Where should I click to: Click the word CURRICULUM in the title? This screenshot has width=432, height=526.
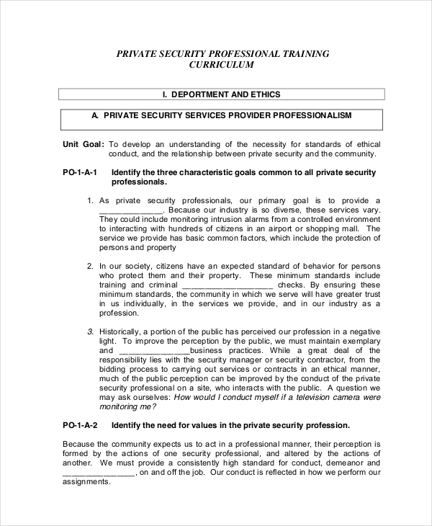(x=221, y=65)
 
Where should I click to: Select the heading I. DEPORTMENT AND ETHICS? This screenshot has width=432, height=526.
(x=221, y=94)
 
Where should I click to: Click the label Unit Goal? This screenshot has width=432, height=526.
(x=84, y=144)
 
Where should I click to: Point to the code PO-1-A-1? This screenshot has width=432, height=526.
(x=80, y=173)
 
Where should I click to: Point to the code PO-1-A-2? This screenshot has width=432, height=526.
(x=80, y=424)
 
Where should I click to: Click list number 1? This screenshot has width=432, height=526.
(x=90, y=200)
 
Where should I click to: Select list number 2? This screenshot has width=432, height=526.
(x=90, y=266)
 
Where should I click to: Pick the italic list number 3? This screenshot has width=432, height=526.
(x=90, y=331)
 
